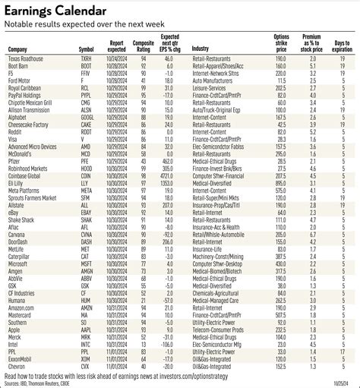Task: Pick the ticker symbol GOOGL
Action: pyautogui.click(x=87, y=118)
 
